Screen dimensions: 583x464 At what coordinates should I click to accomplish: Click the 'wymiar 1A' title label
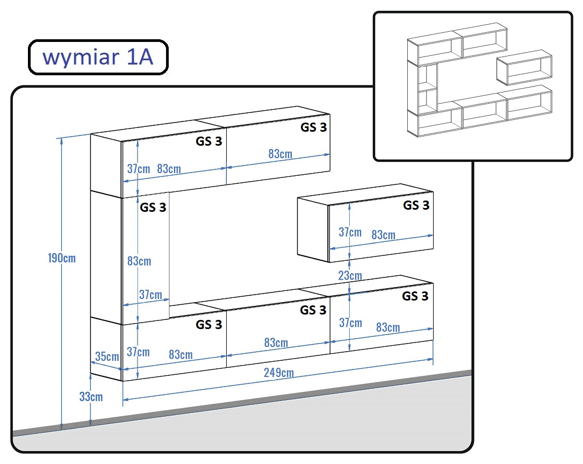pos(98,57)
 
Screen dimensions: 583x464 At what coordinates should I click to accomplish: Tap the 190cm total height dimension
pos(62,258)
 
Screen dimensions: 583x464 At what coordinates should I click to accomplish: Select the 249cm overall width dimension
pos(278,373)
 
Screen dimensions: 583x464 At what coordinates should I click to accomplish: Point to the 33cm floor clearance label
pos(91,397)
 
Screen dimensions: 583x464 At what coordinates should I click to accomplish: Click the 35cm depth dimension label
pos(107,356)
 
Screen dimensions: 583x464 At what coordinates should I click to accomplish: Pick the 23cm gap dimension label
pos(350,275)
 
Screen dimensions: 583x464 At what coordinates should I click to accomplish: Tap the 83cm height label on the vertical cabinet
pos(139,261)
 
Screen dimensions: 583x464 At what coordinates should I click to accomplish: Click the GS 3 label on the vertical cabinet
pos(153,207)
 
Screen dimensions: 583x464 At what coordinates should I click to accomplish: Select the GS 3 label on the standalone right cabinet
pos(416,205)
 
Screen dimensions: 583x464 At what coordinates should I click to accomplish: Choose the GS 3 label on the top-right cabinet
pos(313,127)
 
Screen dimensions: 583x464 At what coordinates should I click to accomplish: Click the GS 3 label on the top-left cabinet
pos(208,141)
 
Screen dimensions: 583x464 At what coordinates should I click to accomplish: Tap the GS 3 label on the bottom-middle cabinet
pos(313,310)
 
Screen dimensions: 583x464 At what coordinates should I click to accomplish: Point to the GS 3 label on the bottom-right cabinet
pos(415,296)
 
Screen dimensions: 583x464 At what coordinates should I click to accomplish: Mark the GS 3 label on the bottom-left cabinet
pos(208,324)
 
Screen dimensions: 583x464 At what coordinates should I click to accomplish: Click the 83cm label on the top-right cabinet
pos(280,154)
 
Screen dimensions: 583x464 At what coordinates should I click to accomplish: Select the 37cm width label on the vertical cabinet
pos(150,295)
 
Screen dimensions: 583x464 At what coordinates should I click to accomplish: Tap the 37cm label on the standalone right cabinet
pos(350,232)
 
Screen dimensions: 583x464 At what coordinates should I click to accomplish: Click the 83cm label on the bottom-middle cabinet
pos(276,342)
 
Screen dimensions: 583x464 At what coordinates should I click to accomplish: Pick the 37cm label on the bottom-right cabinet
pos(350,323)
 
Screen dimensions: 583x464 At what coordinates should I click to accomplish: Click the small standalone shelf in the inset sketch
pos(524,67)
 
